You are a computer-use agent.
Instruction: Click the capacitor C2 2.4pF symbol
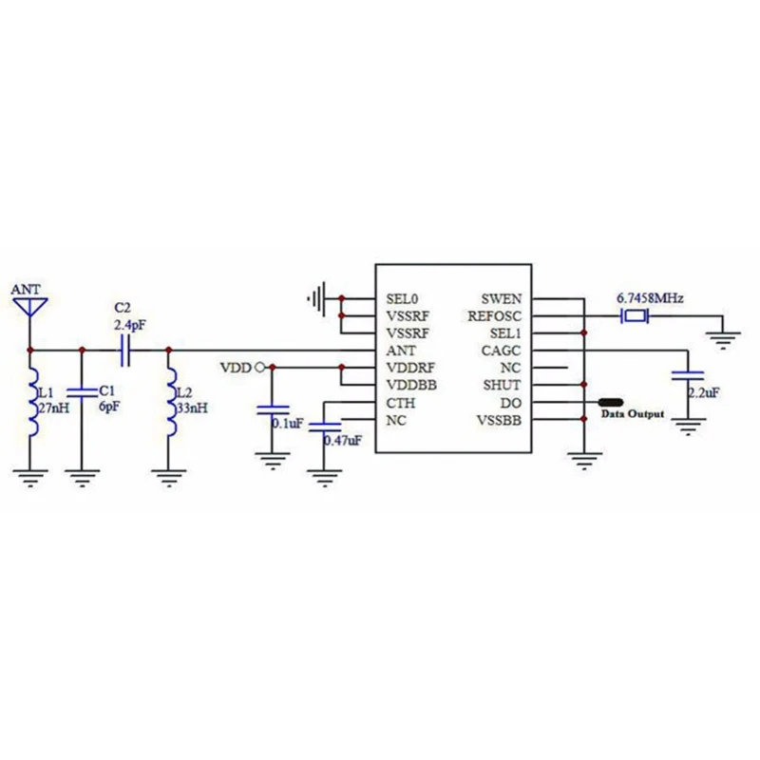(x=123, y=351)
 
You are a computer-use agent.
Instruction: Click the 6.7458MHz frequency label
(x=651, y=297)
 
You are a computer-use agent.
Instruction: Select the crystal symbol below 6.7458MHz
(x=632, y=315)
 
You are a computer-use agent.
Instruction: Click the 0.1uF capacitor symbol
(x=273, y=410)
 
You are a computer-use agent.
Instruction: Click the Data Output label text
(x=631, y=414)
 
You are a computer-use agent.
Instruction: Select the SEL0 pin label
(x=401, y=298)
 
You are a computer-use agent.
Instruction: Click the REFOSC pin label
(x=501, y=315)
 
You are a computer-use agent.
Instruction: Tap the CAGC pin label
(x=504, y=350)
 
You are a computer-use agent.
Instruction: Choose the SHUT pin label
(x=504, y=385)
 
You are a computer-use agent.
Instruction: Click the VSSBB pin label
(x=500, y=420)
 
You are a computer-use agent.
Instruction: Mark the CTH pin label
(x=399, y=402)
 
